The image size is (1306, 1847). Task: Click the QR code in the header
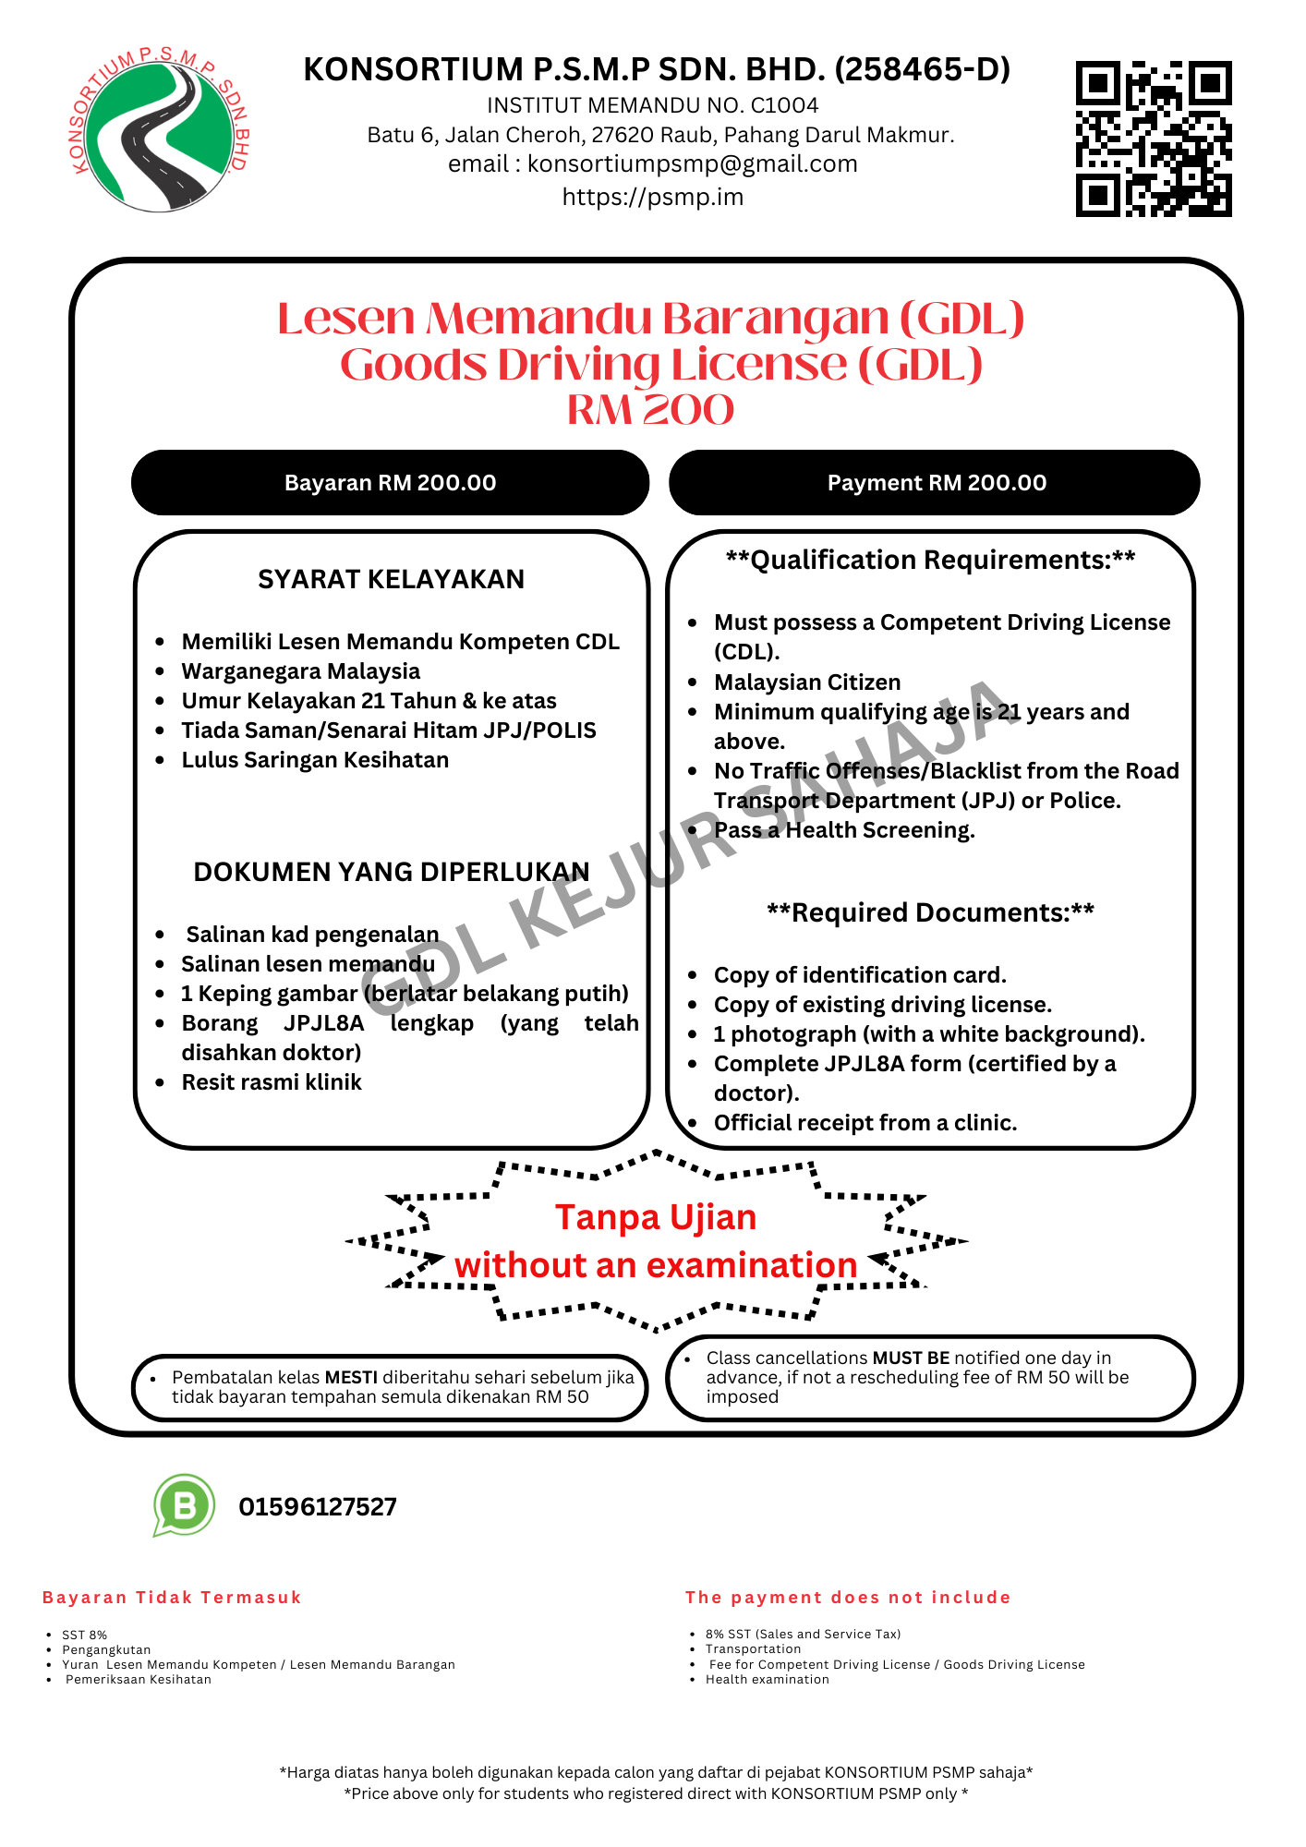point(1154,139)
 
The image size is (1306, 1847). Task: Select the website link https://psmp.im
point(653,197)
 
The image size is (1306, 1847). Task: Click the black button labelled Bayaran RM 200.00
point(390,483)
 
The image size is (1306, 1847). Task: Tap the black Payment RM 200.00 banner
point(936,483)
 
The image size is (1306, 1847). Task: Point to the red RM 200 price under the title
point(651,410)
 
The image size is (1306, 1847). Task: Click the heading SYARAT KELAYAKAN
point(391,579)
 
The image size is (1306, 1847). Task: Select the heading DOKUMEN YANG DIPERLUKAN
point(391,872)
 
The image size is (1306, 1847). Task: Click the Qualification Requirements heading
point(930,560)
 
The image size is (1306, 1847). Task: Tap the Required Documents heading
point(930,912)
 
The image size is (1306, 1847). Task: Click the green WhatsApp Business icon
point(185,1504)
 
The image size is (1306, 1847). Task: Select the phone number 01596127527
point(318,1507)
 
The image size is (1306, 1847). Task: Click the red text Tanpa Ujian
point(656,1217)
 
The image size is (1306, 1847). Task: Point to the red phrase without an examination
point(656,1265)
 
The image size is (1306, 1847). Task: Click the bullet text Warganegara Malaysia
point(300,671)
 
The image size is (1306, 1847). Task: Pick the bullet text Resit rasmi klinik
point(272,1082)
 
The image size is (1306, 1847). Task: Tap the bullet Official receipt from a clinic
point(865,1123)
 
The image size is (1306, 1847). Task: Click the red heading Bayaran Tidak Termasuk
point(172,1598)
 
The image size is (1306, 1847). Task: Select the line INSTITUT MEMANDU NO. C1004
point(652,105)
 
